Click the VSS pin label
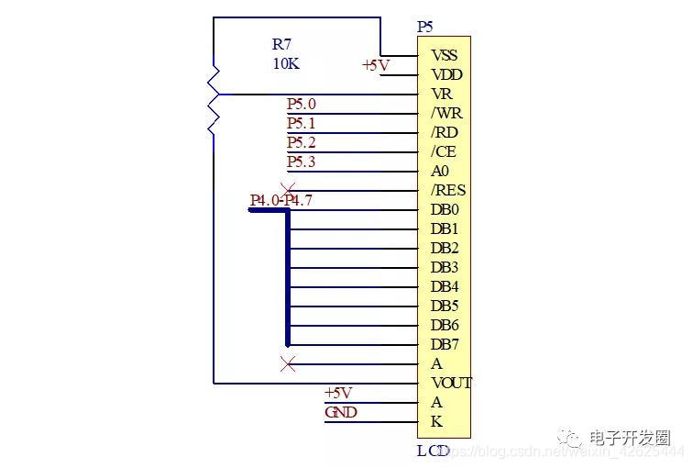444,55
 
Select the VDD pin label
446,74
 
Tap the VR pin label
441,94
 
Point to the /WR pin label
446,113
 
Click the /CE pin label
444,151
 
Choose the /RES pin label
448,190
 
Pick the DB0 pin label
445,209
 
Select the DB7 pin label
445,344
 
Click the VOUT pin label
451,383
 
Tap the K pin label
436,421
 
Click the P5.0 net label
301,105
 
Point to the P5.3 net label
301,162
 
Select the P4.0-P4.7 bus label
280,200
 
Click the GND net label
340,412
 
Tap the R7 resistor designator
282,45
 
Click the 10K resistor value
285,64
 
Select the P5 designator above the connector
425,27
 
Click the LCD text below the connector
434,451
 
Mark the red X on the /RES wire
288,190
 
